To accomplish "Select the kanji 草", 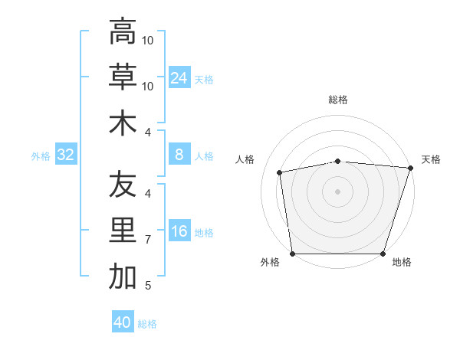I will pos(123,77).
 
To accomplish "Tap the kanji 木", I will pos(123,123).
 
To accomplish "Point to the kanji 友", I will pos(123,185).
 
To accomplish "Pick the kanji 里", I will pos(123,231).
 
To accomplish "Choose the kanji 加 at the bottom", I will pos(123,277).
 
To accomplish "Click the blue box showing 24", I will pos(179,78).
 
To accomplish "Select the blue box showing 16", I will pos(179,232).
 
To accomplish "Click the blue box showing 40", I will pos(123,322).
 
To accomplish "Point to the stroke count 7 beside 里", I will pos(148,240).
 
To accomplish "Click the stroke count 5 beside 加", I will pos(148,286).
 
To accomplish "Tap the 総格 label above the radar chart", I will pos(338,100).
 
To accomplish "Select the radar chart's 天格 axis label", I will pos(432,159).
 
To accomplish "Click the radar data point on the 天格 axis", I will pos(410,168).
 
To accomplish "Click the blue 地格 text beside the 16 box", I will pos(204,233).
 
